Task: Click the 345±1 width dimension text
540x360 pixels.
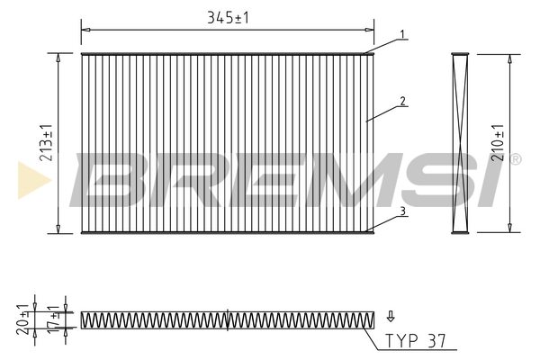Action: pos(228,18)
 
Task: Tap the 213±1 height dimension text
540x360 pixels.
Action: pos(47,142)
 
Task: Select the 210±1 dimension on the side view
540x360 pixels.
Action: pos(498,142)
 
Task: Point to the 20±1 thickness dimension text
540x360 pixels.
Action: pos(23,319)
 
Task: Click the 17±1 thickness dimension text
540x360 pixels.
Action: pos(54,319)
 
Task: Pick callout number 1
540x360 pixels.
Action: pos(402,34)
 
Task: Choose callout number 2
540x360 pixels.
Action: pos(403,101)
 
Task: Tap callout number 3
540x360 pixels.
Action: pos(403,211)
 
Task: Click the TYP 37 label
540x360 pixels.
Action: pos(415,341)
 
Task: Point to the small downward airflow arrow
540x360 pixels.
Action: pos(391,316)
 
